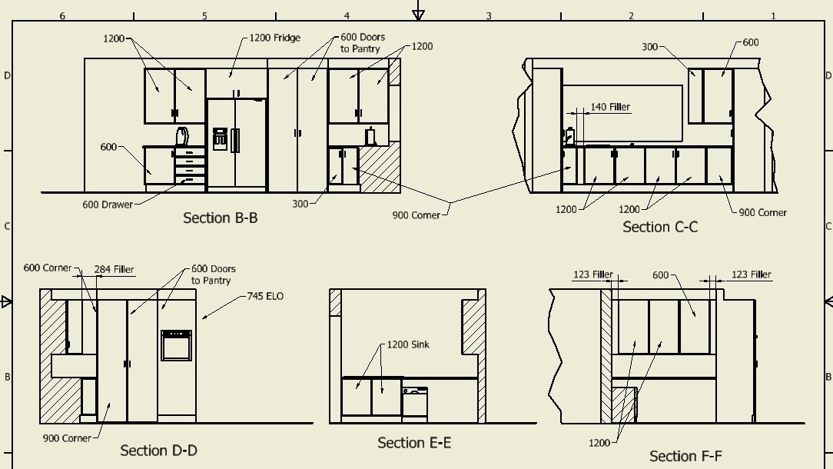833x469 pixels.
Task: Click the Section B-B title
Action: pos(220,218)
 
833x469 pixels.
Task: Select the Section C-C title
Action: pos(659,227)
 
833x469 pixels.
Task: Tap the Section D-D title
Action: pos(158,451)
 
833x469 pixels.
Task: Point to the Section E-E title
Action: pos(414,443)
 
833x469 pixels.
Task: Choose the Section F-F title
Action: pos(685,456)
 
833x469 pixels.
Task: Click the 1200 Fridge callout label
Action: pos(274,38)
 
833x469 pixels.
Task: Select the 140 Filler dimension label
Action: pos(610,108)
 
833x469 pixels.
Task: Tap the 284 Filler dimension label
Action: pos(114,270)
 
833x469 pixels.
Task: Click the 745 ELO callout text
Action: pos(265,296)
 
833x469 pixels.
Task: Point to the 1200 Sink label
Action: pos(407,344)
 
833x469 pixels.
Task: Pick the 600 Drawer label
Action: pos(107,205)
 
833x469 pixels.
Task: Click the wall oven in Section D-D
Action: pos(176,345)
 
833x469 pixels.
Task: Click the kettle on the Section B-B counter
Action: pos(181,137)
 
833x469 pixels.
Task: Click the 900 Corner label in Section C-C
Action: pos(762,213)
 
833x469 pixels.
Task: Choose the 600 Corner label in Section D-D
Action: pos(48,268)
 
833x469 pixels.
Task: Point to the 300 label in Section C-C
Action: pos(649,47)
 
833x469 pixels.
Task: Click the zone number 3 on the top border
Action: pos(489,15)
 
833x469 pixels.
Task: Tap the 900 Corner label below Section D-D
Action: pos(67,438)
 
